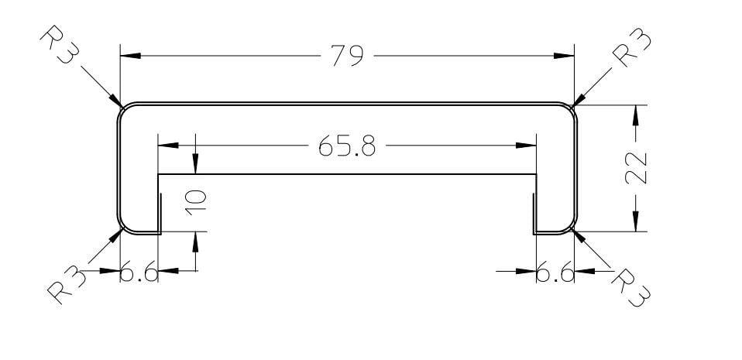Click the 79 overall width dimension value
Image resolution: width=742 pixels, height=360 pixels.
[347, 57]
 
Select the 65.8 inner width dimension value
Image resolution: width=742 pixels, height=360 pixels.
[347, 146]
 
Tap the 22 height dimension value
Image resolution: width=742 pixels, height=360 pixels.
[636, 167]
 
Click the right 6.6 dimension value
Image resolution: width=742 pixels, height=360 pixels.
[555, 273]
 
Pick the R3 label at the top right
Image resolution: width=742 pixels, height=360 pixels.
[631, 50]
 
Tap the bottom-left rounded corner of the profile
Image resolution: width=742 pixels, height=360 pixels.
[124, 227]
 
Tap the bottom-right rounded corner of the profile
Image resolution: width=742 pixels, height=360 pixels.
[570, 227]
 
